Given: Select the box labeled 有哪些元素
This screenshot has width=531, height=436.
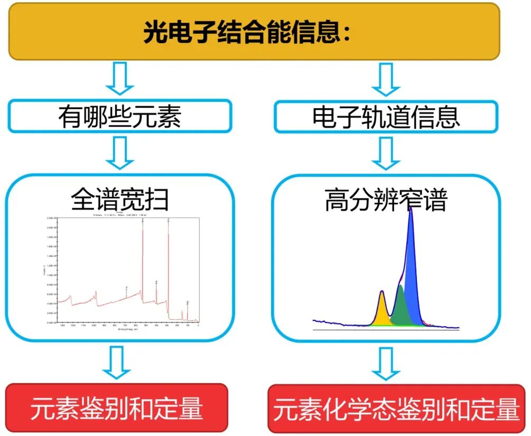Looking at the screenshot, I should coord(120,116).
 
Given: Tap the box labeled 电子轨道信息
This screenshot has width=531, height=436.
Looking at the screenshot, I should coord(386,117).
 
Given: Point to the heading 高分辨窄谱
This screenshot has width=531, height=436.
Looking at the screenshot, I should coord(386,201).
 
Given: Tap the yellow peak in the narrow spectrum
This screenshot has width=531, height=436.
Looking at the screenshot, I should coord(382,311).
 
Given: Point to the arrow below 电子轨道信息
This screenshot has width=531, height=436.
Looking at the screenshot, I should coord(386,153).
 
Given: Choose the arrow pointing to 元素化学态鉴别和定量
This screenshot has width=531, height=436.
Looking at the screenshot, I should coord(386,363).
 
